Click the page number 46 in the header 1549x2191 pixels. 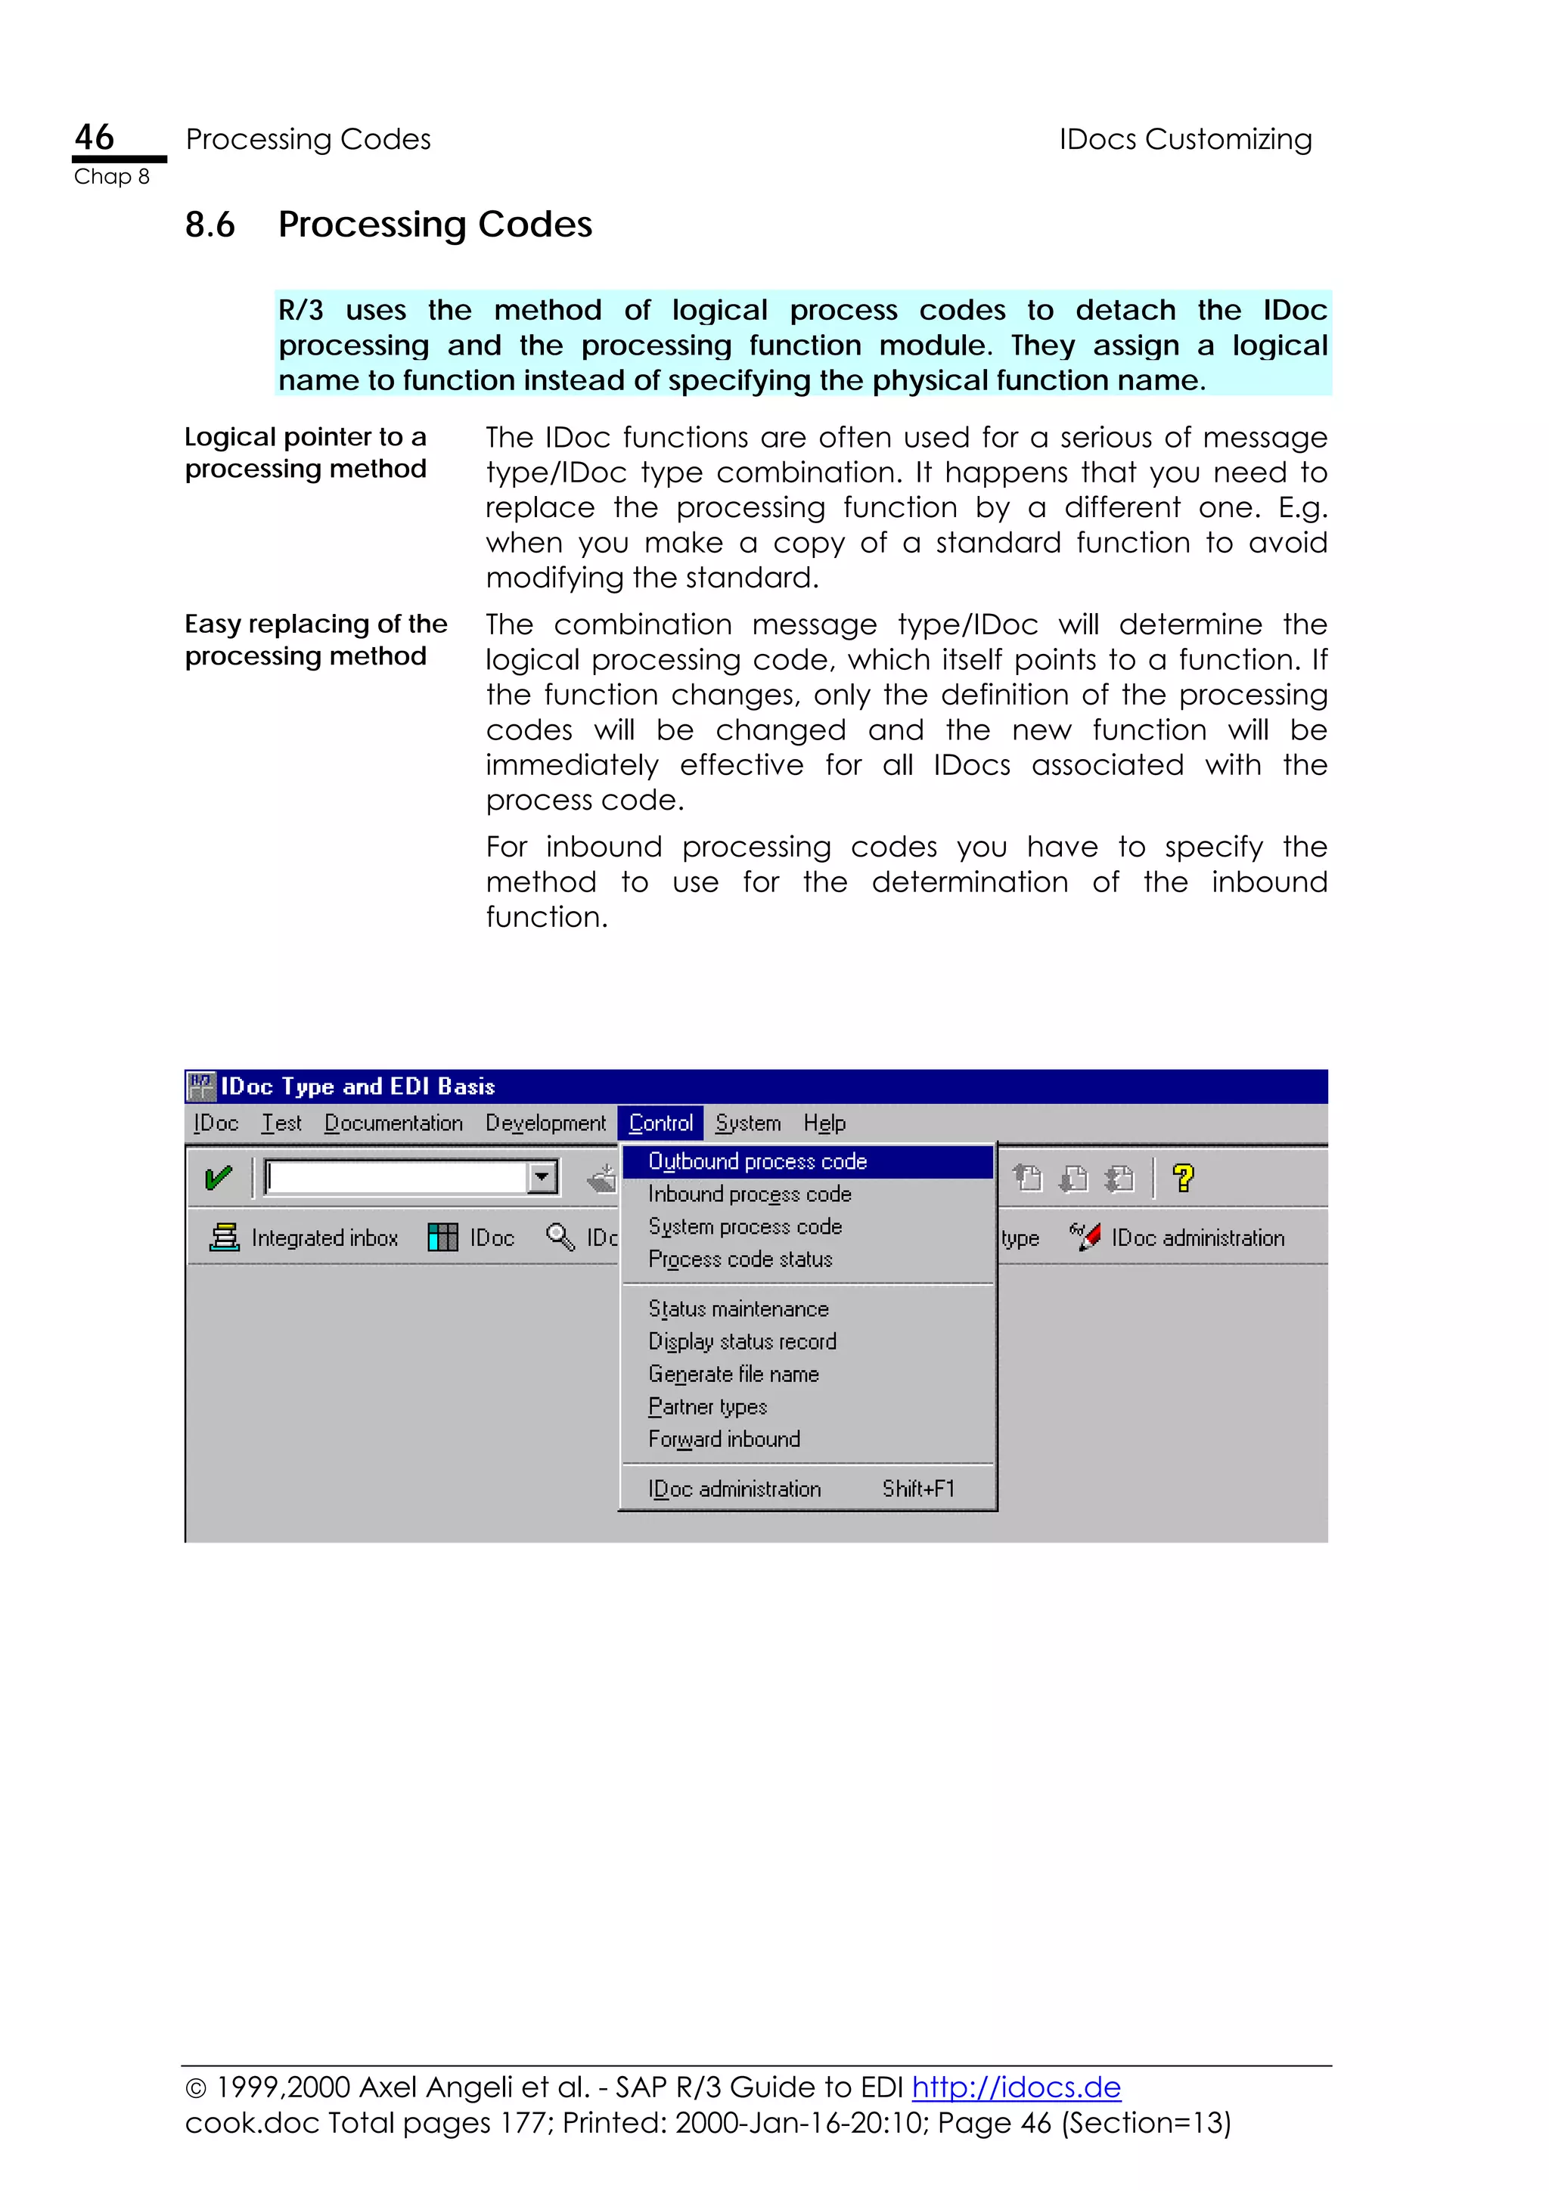point(95,138)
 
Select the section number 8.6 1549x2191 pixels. point(210,225)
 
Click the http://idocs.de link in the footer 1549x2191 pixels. point(1016,2087)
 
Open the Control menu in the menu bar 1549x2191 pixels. point(660,1123)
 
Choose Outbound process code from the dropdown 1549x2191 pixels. point(758,1161)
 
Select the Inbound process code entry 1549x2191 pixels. point(750,1194)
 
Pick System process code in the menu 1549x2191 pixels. point(744,1226)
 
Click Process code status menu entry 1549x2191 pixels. point(740,1260)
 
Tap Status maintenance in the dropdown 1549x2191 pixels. point(737,1309)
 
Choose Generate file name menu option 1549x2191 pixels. point(733,1374)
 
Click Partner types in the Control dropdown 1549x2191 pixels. point(707,1406)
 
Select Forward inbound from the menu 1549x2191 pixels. point(723,1439)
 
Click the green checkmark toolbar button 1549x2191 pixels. point(219,1179)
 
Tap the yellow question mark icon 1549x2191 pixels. point(1184,1179)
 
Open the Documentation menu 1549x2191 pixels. point(393,1123)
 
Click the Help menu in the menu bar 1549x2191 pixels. point(824,1123)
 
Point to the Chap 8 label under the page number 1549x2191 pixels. point(112,178)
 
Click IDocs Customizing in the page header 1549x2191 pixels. point(1184,139)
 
